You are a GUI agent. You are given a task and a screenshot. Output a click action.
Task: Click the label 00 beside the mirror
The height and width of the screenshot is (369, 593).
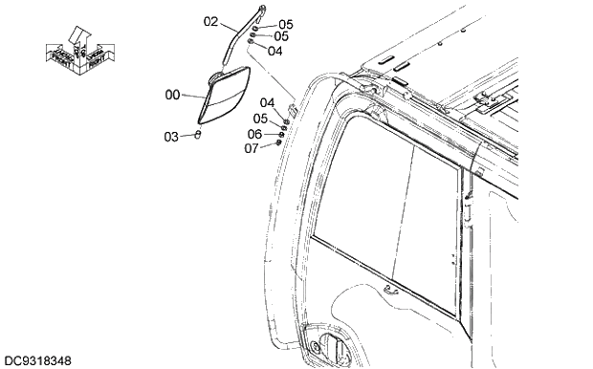(172, 95)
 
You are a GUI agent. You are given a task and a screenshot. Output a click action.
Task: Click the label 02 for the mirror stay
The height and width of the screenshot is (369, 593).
(211, 20)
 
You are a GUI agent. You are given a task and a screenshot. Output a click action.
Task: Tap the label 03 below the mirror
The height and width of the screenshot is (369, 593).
(170, 137)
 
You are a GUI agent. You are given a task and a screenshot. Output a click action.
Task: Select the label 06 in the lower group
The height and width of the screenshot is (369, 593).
(254, 134)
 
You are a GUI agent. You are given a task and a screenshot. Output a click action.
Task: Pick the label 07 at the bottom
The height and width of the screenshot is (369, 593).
(252, 148)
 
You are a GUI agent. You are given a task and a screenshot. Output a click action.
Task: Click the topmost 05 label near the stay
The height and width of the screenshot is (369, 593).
(286, 24)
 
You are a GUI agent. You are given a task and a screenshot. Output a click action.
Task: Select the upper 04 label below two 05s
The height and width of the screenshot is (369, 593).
(275, 50)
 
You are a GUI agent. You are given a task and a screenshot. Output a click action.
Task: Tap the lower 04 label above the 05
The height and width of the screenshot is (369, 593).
(268, 102)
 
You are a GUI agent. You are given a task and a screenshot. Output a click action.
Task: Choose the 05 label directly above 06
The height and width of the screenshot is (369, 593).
(260, 119)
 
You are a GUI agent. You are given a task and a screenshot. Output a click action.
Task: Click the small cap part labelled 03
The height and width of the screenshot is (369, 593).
(197, 135)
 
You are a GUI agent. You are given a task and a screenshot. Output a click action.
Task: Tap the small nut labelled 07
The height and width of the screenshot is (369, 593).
(278, 143)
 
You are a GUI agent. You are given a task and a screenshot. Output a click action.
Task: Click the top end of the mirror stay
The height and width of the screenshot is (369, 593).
(261, 9)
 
